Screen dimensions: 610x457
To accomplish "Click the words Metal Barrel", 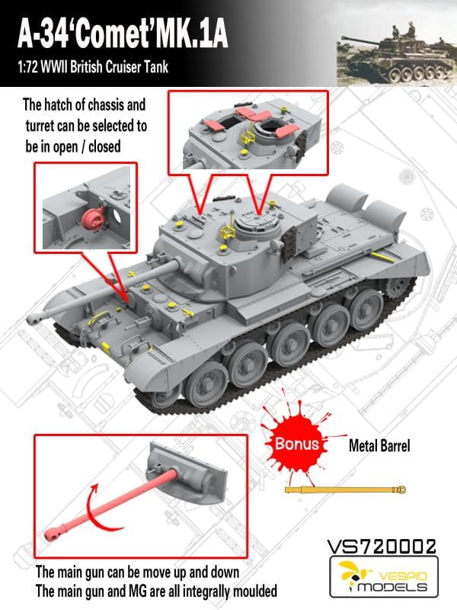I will (379, 445).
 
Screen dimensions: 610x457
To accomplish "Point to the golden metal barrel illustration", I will (350, 489).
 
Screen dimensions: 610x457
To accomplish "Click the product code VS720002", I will (380, 547).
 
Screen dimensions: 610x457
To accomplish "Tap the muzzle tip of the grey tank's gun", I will (37, 313).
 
